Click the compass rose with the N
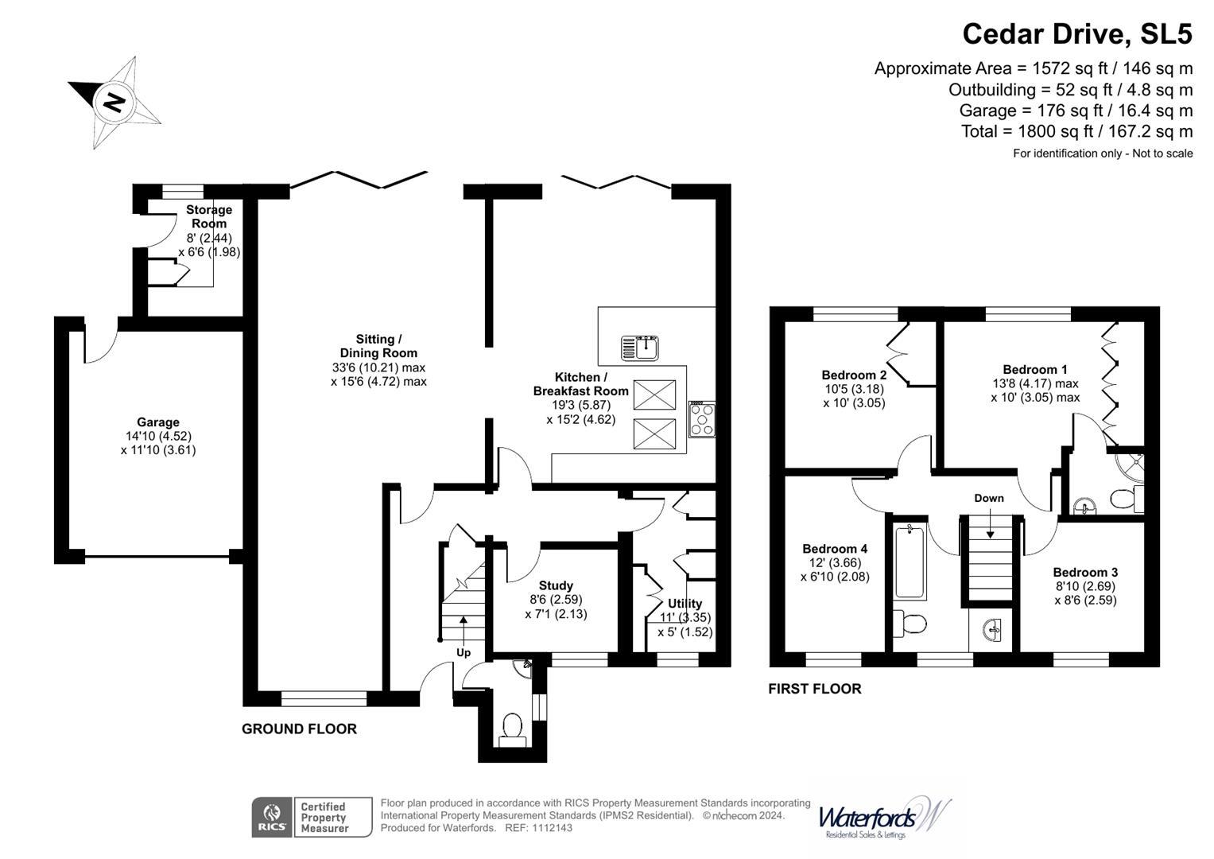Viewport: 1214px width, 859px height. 115,102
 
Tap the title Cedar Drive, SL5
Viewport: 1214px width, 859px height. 1076,34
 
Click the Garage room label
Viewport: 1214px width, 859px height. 157,422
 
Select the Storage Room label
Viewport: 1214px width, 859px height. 209,216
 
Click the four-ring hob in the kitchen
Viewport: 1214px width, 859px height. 702,419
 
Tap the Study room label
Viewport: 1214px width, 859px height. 556,585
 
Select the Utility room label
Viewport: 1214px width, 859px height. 685,603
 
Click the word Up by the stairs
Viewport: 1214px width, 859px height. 463,652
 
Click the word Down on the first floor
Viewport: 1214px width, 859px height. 989,498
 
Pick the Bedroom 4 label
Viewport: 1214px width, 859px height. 834,549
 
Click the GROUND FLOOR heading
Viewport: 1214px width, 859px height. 299,729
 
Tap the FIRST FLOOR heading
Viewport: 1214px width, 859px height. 814,689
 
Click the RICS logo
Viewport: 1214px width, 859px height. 271,818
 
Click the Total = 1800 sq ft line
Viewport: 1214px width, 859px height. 1076,131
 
